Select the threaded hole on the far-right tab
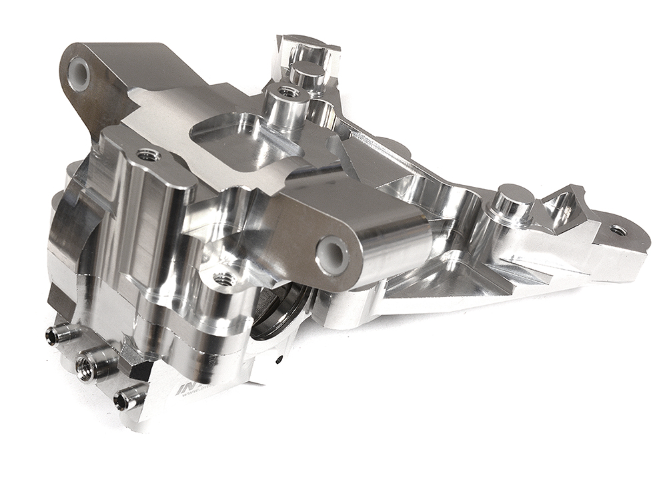[x=618, y=230]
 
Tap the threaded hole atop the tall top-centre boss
[x=288, y=91]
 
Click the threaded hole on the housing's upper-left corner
[x=147, y=156]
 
